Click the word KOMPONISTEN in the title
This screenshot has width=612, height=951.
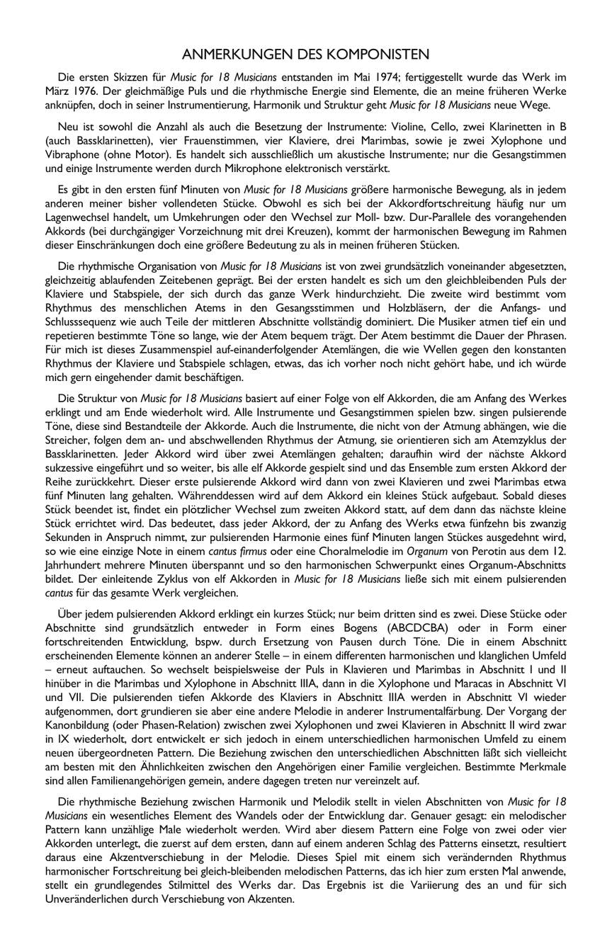click(377, 55)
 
